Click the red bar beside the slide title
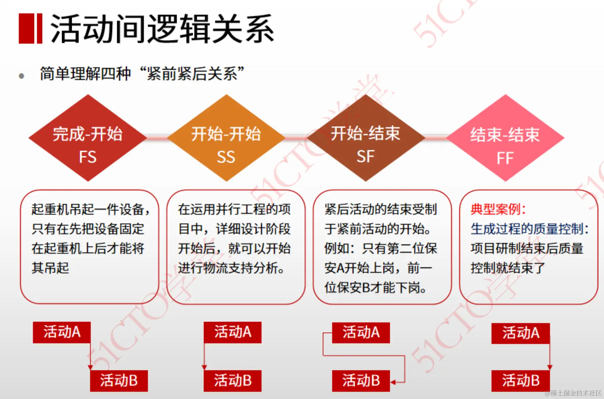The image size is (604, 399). pos(30,29)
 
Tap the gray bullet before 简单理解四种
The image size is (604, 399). pos(21,76)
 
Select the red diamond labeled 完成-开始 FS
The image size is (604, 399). pos(87,138)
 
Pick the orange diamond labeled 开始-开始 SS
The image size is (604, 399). pos(226,138)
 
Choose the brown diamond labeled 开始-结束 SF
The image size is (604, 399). pos(366,138)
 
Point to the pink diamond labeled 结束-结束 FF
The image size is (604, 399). pos(505,138)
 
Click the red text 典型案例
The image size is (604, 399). pos(498,209)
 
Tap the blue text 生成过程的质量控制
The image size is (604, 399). pos(529,229)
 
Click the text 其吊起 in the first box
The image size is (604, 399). pos(50,268)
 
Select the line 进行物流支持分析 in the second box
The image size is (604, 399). pos(231,268)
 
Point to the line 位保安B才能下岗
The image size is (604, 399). pos(376,287)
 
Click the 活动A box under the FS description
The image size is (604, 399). pos(62,332)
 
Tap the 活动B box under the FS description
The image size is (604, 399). pos(119,380)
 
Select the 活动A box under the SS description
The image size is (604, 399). pos(232,332)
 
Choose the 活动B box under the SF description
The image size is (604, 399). pos(361,380)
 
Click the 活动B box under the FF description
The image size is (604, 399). pos(520,380)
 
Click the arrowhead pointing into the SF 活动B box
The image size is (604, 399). pos(393,382)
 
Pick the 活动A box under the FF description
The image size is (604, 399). pos(520,333)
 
